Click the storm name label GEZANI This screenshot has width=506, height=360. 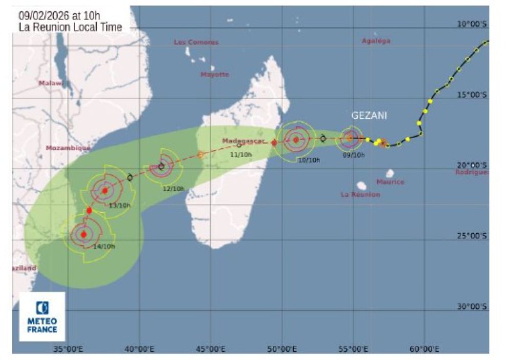tap(368, 116)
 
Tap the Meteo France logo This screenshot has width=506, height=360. tap(42, 317)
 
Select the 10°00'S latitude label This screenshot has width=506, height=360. tap(471, 24)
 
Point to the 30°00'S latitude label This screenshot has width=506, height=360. tap(471, 306)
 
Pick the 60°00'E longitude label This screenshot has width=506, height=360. tap(424, 349)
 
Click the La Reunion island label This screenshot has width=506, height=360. tap(360, 194)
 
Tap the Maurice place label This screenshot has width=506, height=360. tap(390, 182)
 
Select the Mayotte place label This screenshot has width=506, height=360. tap(214, 75)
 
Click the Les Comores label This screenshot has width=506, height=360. tap(196, 42)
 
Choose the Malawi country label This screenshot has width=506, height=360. tap(51, 83)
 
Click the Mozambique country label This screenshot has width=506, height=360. tap(68, 148)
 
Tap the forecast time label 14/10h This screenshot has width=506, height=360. tap(104, 246)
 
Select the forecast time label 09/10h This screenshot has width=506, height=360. tap(354, 154)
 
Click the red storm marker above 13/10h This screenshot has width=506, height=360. tap(105, 191)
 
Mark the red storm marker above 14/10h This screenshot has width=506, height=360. tap(84, 234)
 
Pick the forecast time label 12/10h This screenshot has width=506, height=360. tap(173, 189)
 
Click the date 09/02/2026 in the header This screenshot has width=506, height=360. tap(41, 14)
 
